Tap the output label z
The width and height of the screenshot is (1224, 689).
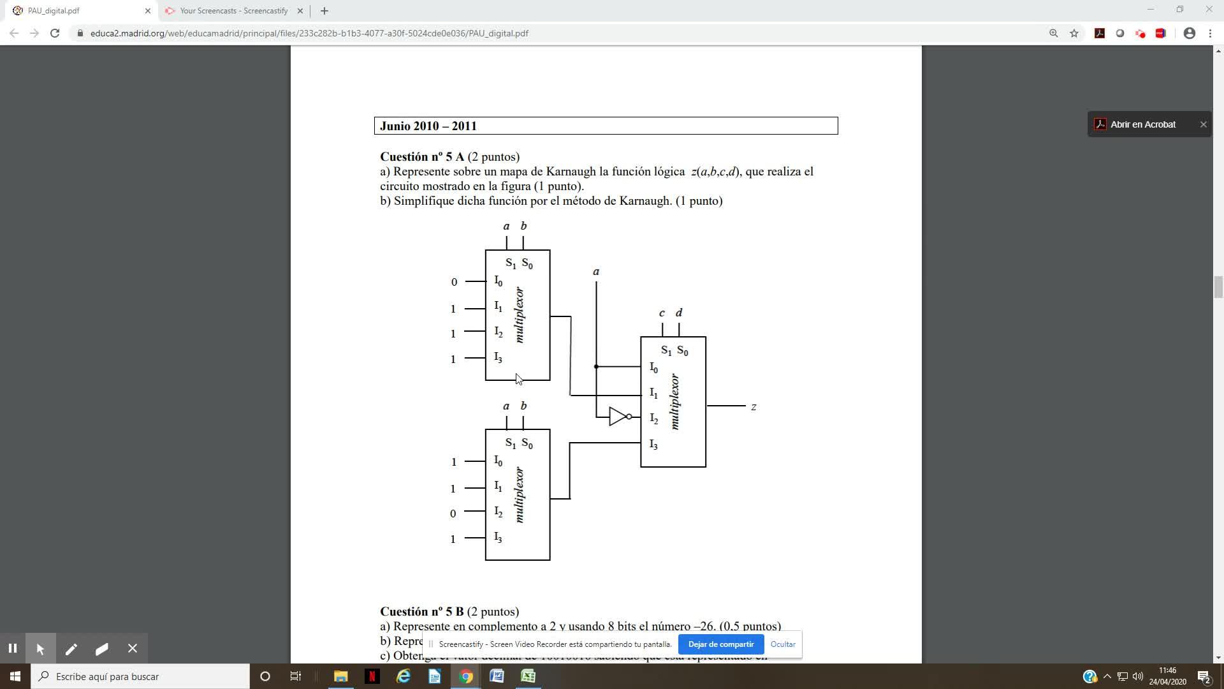(754, 407)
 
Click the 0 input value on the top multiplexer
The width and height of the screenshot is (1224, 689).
(454, 282)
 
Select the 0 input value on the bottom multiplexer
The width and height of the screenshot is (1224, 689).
(453, 514)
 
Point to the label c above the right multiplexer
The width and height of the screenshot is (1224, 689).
(662, 313)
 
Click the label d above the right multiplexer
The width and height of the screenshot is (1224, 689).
(679, 313)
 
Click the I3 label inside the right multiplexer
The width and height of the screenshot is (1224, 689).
(653, 444)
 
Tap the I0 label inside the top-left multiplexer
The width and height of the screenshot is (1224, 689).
(498, 281)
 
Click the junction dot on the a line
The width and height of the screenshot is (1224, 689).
(596, 367)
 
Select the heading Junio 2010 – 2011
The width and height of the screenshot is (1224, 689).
(428, 126)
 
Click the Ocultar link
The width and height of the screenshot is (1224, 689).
(782, 644)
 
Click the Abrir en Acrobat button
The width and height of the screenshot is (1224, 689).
(1142, 124)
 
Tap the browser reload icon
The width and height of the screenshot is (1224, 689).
(55, 33)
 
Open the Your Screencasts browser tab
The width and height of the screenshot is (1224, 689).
(233, 11)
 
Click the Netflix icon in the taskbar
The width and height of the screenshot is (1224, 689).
(372, 676)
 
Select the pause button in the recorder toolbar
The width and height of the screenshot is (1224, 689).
(13, 649)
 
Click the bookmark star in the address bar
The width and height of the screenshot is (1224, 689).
(1074, 33)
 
